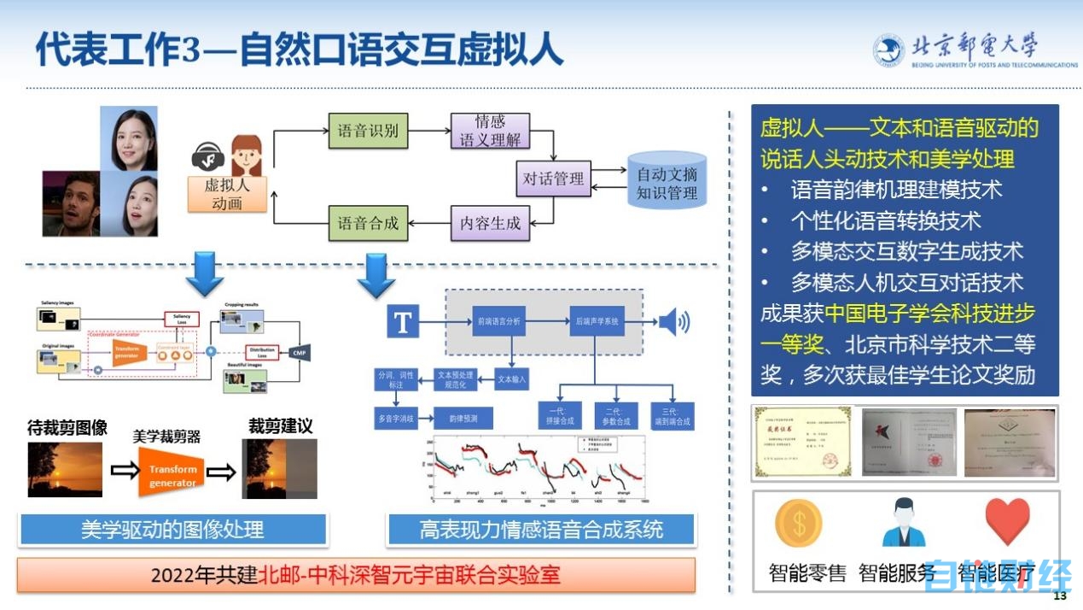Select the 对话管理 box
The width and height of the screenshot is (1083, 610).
(x=554, y=179)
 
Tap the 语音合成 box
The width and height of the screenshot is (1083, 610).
(x=368, y=224)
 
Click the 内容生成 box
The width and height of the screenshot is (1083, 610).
(x=490, y=224)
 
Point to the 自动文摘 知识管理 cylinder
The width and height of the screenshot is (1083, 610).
(x=667, y=183)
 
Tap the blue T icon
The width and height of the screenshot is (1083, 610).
(x=403, y=322)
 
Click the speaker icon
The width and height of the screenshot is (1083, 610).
(x=672, y=322)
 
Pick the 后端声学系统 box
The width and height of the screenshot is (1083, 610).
(x=595, y=322)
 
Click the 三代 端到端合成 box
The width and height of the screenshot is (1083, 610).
(x=673, y=415)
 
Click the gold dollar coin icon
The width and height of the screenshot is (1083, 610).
(x=799, y=522)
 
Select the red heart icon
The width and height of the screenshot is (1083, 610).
(x=1007, y=520)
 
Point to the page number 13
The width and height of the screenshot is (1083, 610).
(x=1061, y=595)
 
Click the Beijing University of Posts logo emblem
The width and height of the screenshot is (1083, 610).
(x=888, y=50)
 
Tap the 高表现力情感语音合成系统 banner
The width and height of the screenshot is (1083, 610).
(x=541, y=530)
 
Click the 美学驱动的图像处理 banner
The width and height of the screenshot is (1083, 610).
(x=172, y=530)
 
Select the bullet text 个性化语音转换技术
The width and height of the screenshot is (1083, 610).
(x=886, y=220)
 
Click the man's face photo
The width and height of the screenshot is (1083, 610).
(x=71, y=203)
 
